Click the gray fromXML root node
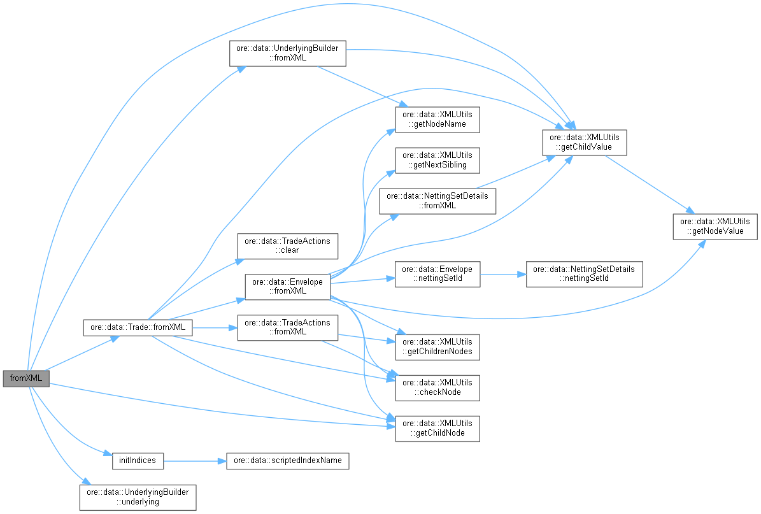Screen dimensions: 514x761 pos(26,378)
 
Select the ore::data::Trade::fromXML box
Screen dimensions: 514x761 pos(138,327)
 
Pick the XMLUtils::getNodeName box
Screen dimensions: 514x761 pos(437,119)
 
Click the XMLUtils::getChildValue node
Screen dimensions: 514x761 pos(585,142)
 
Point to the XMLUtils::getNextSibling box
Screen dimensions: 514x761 pos(437,160)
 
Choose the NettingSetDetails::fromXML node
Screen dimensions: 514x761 pos(437,201)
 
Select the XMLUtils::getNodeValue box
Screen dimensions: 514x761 pos(715,226)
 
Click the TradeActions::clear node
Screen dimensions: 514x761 pos(287,245)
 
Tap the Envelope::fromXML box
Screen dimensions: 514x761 pos(287,286)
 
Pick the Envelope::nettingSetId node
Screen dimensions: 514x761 pos(437,274)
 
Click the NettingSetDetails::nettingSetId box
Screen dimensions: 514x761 pos(584,274)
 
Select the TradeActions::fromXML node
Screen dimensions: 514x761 pos(287,327)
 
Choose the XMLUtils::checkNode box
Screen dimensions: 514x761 pos(437,387)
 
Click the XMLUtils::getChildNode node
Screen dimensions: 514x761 pos(437,429)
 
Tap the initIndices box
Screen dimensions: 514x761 pos(138,460)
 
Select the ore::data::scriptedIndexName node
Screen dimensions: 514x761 pos(287,460)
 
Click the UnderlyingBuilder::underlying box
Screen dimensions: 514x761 pos(138,497)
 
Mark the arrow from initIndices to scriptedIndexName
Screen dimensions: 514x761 pos(195,460)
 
